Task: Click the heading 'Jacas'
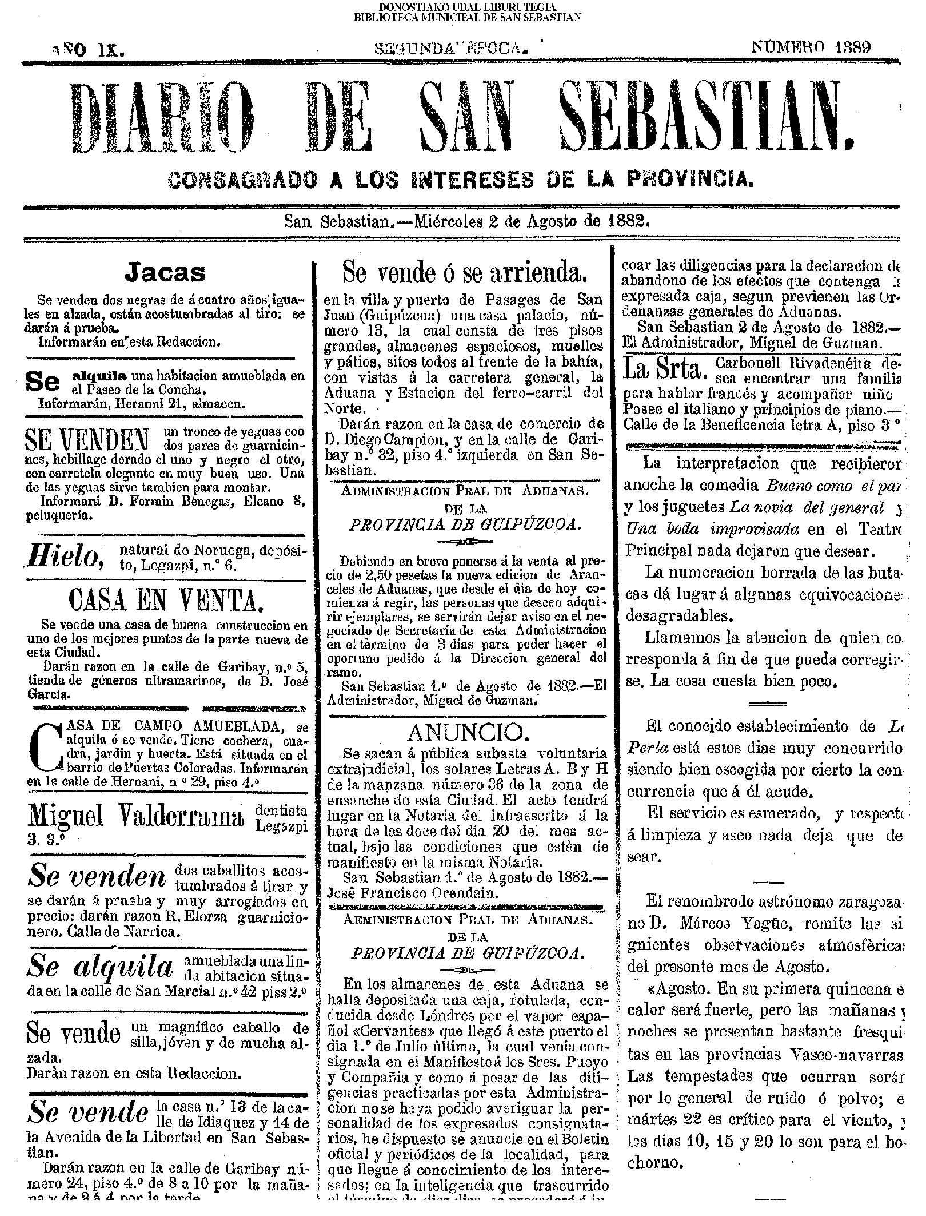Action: (x=165, y=273)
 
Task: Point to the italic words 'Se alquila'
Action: (x=99, y=968)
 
